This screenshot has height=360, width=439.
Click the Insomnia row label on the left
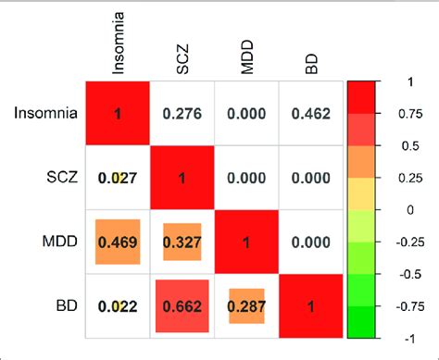tap(45, 114)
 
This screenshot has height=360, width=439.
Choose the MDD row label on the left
tap(59, 241)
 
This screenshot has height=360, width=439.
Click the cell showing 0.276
tap(182, 114)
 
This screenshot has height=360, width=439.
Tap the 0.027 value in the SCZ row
tap(118, 178)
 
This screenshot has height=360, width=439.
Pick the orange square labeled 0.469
tap(118, 241)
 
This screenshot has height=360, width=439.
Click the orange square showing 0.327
tap(182, 241)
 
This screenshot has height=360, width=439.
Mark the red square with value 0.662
tap(182, 304)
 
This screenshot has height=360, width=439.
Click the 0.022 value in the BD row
tap(118, 304)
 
